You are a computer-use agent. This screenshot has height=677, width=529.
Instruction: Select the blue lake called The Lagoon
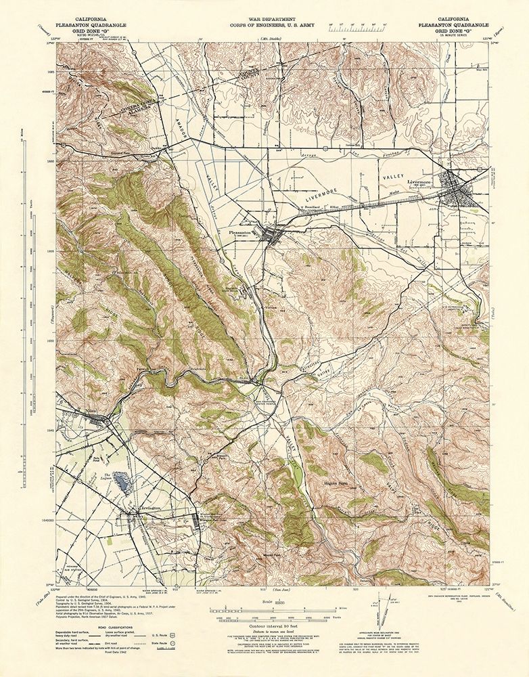pyautogui.click(x=122, y=482)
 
